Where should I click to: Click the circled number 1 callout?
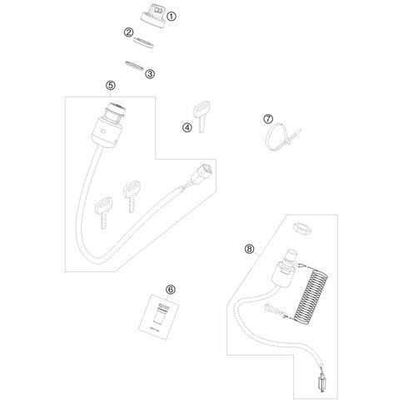click(x=172, y=17)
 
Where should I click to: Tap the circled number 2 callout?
click(x=128, y=32)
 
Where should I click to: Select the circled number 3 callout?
click(x=150, y=74)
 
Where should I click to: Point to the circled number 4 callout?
click(x=187, y=127)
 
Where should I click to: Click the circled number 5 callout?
click(x=111, y=86)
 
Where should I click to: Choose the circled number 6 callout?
click(x=171, y=290)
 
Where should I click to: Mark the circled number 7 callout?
click(x=268, y=119)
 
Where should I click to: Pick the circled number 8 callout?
click(x=249, y=249)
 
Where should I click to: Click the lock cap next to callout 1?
click(x=152, y=16)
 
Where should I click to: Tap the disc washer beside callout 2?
click(x=143, y=42)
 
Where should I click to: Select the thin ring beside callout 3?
click(x=134, y=66)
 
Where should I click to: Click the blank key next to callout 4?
click(x=201, y=116)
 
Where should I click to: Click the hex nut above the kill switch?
click(x=302, y=229)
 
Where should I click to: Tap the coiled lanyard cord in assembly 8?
click(x=311, y=297)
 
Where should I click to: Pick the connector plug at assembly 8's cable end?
click(x=323, y=383)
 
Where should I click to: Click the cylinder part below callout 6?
click(x=161, y=314)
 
